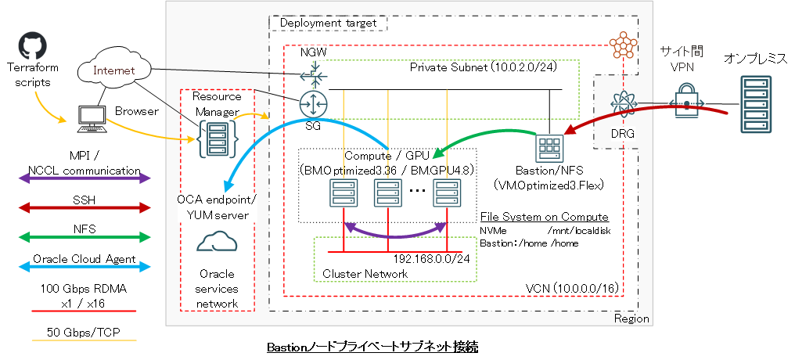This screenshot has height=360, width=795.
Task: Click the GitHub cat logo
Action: point(30,45)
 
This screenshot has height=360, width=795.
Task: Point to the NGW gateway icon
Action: point(313,77)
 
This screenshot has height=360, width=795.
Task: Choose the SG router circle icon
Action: point(313,103)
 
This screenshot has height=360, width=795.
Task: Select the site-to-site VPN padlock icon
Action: point(685,104)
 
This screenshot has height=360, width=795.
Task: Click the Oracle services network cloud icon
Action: point(218,243)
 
